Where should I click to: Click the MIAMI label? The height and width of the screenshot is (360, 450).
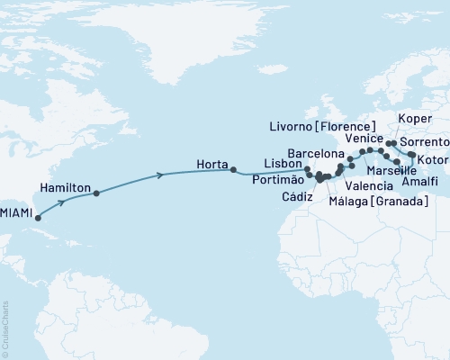[x=16, y=212]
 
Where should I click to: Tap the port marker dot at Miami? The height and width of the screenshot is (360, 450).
[x=37, y=218]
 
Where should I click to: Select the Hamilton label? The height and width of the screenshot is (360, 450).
[x=66, y=187]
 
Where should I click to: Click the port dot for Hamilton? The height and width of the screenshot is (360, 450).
[x=96, y=193]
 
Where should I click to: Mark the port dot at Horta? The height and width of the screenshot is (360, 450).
[x=233, y=169]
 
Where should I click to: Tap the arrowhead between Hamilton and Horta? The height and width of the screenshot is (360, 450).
[x=161, y=175]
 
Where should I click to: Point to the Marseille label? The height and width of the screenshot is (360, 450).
[x=391, y=170]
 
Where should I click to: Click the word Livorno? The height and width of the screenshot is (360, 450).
[x=298, y=126]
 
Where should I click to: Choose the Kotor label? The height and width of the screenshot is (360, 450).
[x=433, y=160]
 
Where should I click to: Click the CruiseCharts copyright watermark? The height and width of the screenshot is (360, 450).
[x=4, y=328]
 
